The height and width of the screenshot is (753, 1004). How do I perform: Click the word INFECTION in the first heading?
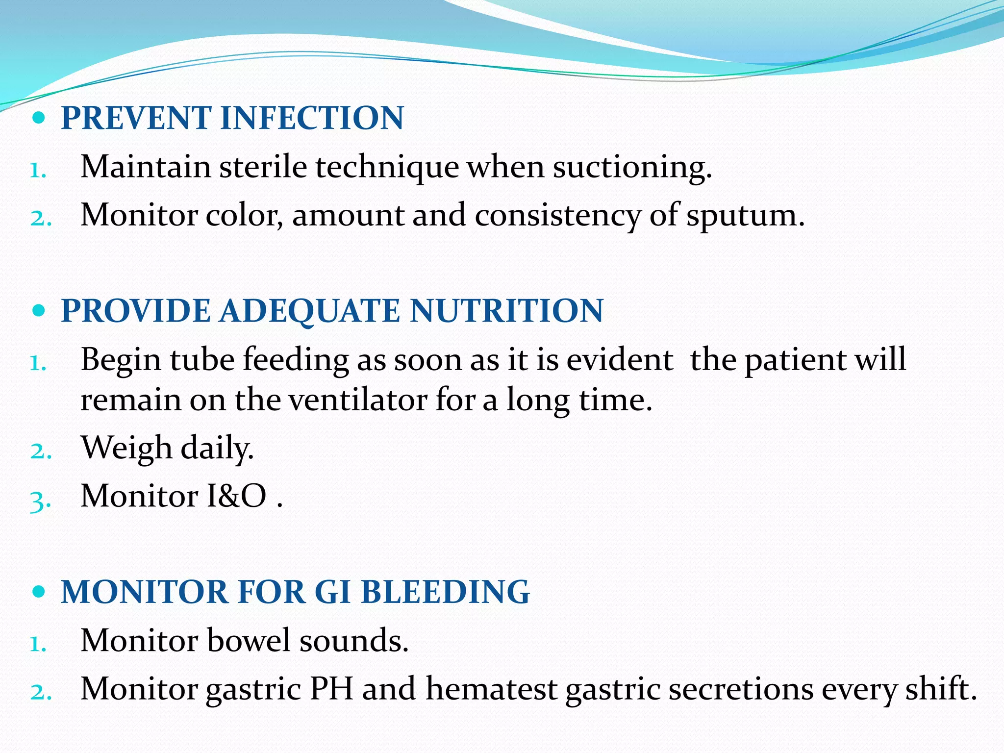tap(312, 118)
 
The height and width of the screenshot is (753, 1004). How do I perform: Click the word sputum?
tap(745, 216)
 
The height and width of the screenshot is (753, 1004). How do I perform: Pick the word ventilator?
tap(357, 400)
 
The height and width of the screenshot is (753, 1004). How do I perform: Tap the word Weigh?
tap(126, 449)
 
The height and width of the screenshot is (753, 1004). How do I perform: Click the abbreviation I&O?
tap(237, 496)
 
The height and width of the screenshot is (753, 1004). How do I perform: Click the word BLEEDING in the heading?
tap(445, 592)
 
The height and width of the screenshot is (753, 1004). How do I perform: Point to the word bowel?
tap(248, 640)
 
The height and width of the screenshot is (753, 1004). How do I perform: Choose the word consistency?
tap(557, 216)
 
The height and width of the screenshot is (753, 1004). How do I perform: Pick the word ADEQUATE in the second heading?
tap(310, 311)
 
